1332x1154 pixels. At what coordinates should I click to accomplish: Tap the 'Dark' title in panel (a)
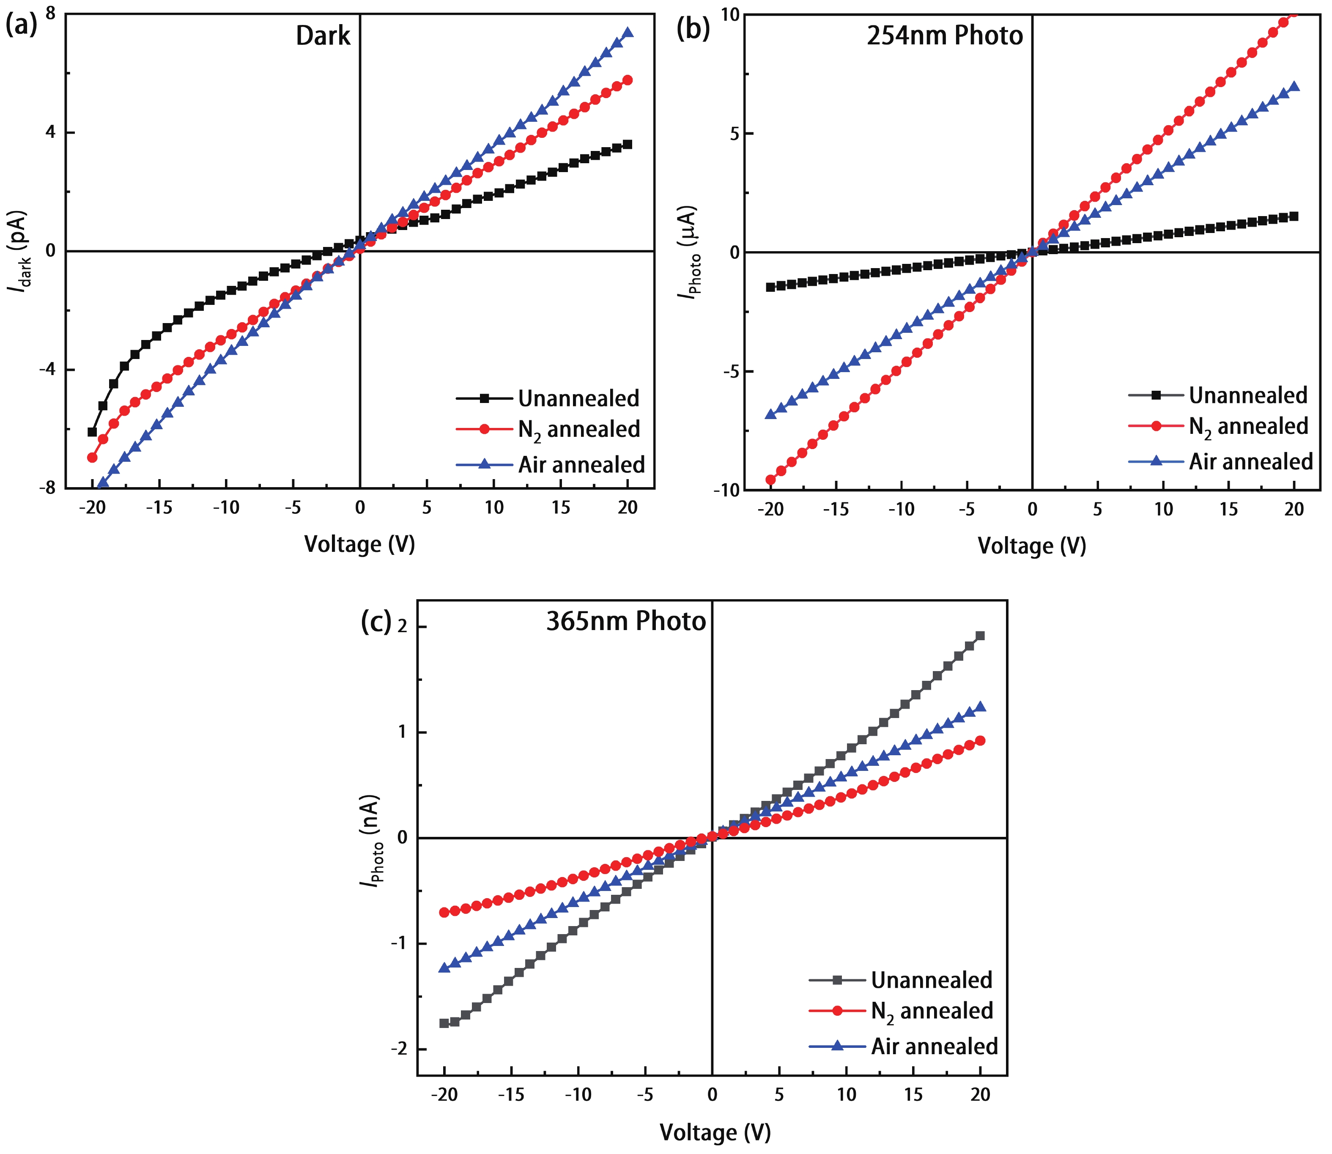coord(323,36)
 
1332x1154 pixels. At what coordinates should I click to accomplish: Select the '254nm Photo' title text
coord(944,36)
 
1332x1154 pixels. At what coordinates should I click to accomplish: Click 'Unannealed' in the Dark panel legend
coord(578,399)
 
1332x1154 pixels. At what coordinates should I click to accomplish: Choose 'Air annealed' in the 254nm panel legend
coord(1250,462)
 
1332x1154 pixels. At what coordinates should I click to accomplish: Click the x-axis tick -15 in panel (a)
coord(159,508)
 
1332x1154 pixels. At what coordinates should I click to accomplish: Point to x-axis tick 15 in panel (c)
coord(913,1095)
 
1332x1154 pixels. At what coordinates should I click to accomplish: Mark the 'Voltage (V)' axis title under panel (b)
coord(1031,546)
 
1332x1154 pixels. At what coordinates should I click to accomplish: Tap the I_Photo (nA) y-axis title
coord(371,840)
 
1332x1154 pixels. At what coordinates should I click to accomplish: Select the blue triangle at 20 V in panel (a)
coord(628,33)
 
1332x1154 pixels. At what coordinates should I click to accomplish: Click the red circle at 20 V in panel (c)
coord(980,740)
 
